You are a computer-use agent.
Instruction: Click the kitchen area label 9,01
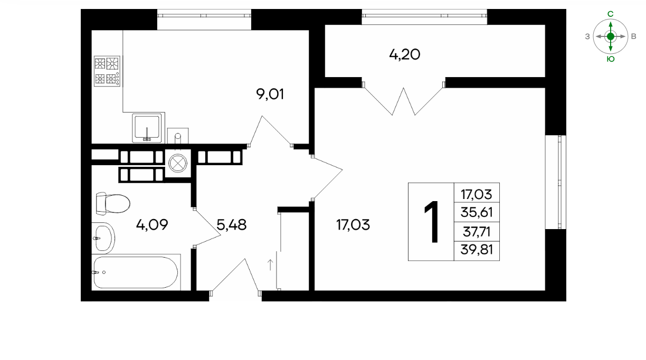pyautogui.click(x=270, y=94)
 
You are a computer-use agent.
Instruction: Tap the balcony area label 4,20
pyautogui.click(x=404, y=54)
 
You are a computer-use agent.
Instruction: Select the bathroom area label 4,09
pyautogui.click(x=152, y=225)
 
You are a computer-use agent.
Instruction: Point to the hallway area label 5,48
pyautogui.click(x=232, y=225)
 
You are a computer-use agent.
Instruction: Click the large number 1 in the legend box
pyautogui.click(x=431, y=222)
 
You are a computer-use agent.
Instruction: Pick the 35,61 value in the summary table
pyautogui.click(x=477, y=212)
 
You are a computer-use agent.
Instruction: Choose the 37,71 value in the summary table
pyautogui.click(x=477, y=232)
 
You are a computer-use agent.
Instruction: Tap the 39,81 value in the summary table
pyautogui.click(x=477, y=250)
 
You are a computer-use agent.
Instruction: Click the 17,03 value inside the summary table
pyautogui.click(x=477, y=194)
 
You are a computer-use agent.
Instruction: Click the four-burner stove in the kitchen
pyautogui.click(x=107, y=71)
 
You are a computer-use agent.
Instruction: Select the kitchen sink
pyautogui.click(x=147, y=128)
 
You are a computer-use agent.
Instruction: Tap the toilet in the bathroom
pyautogui.click(x=113, y=203)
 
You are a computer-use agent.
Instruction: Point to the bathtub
pyautogui.click(x=136, y=272)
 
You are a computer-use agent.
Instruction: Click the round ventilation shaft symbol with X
pyautogui.click(x=178, y=163)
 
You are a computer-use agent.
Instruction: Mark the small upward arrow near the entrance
pyautogui.click(x=270, y=265)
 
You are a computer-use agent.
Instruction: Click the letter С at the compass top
pyautogui.click(x=610, y=14)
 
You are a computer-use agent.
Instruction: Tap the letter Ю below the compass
pyautogui.click(x=611, y=59)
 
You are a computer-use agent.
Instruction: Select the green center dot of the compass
pyautogui.click(x=611, y=36)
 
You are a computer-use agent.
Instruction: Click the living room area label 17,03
pyautogui.click(x=353, y=225)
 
